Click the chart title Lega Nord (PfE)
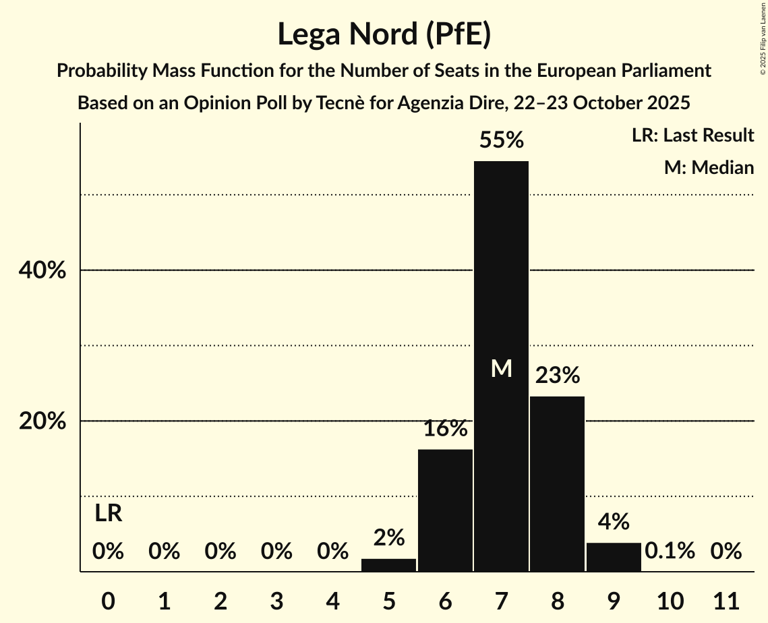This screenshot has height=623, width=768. coord(384,34)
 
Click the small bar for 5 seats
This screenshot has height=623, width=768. coord(388,565)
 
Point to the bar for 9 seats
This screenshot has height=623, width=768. coord(614,557)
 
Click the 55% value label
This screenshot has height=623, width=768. coord(501,140)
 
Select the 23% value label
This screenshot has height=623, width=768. coord(557,376)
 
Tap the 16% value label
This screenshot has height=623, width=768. coord(445,428)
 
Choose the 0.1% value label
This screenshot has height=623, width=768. coord(670,551)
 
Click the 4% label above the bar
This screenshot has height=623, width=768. coord(614,521)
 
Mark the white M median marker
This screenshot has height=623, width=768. coord(501,368)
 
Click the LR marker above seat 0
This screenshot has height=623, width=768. coord(108,514)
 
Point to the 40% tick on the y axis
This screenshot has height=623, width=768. coord(41,270)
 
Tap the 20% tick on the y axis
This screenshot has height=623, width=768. coord(41,421)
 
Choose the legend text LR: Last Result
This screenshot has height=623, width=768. coord(692,136)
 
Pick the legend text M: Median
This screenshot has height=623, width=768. coord(709,167)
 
